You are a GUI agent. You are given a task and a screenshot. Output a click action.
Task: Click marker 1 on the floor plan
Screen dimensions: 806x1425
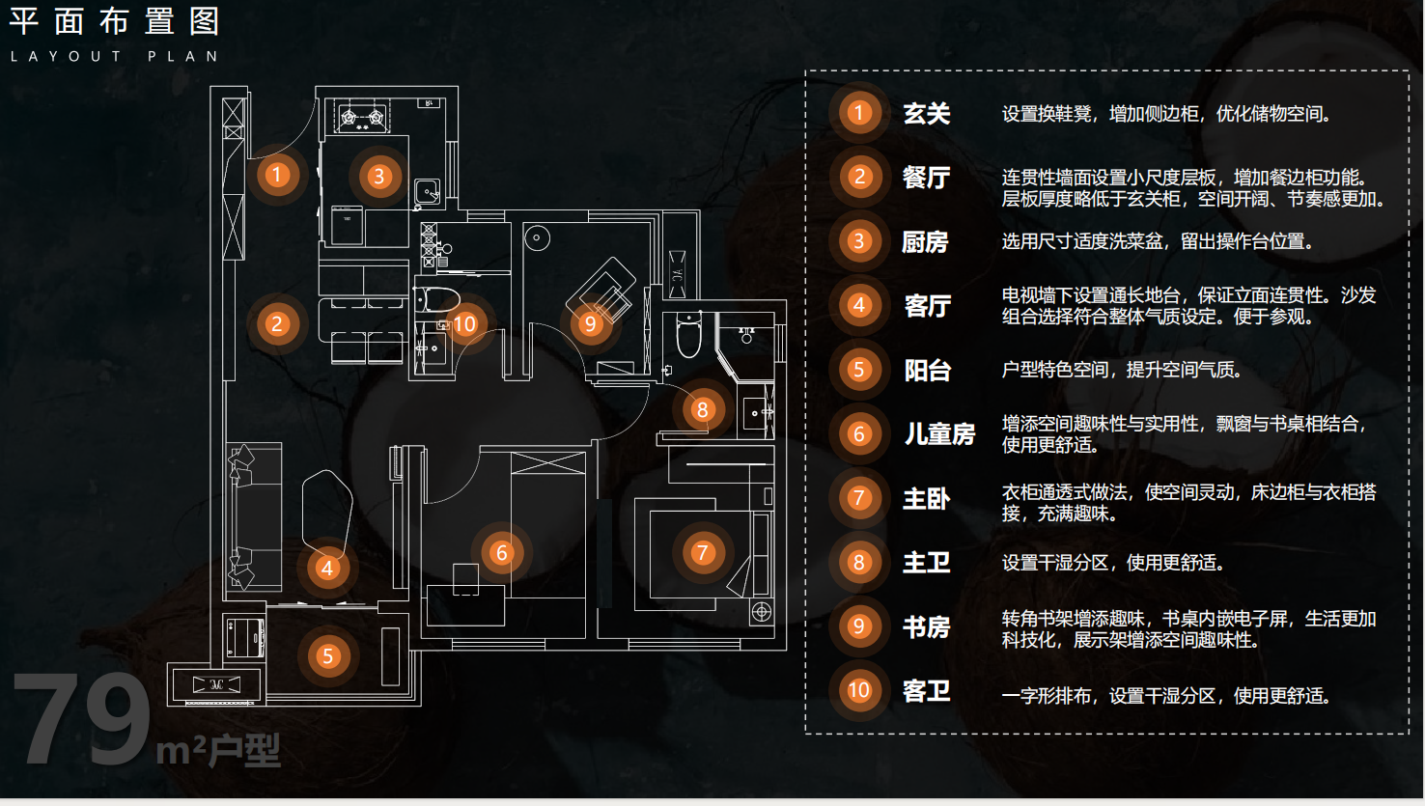coord(277,175)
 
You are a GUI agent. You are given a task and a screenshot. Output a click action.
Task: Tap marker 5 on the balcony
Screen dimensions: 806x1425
coord(327,656)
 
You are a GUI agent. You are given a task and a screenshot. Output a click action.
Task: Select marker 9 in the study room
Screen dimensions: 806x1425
coord(590,323)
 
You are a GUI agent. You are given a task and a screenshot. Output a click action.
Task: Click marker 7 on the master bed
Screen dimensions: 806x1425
coord(702,553)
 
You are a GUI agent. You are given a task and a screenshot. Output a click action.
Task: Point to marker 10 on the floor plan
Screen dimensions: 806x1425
coord(464,323)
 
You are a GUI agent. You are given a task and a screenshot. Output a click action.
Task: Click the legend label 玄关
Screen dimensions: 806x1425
coord(927,114)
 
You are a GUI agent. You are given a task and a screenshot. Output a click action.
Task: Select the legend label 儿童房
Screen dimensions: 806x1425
coord(939,434)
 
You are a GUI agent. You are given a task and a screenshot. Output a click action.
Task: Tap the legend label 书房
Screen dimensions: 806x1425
coord(927,627)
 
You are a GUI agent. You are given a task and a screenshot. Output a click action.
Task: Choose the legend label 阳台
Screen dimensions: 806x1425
coord(928,371)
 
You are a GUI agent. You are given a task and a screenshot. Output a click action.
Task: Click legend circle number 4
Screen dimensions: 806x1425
coord(858,306)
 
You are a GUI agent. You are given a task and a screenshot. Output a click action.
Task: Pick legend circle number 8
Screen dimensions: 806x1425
coord(858,563)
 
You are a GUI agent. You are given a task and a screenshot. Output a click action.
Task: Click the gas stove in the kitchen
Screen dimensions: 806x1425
coord(362,119)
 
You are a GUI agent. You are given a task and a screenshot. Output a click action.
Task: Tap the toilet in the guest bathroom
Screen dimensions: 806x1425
coord(438,297)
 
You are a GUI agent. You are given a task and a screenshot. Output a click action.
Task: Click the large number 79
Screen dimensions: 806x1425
coord(82,719)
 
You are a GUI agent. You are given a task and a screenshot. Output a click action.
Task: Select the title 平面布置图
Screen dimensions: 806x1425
coord(115,21)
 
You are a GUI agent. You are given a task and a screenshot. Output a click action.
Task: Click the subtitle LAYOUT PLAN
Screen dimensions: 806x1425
coord(115,57)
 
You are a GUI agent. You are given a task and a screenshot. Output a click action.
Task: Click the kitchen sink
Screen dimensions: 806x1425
coord(427,191)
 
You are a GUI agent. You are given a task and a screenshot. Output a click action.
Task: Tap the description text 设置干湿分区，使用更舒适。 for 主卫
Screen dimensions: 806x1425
coord(1112,563)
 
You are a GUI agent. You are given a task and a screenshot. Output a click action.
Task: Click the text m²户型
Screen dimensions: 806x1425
coord(219,749)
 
